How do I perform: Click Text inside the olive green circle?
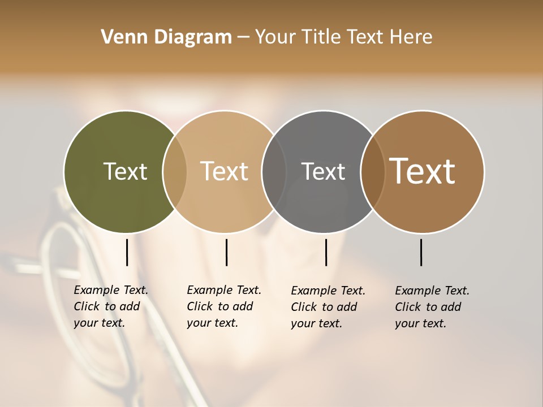(x=125, y=171)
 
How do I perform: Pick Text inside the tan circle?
(x=224, y=171)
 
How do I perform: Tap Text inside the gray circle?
(x=323, y=171)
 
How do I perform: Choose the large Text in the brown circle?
(x=422, y=171)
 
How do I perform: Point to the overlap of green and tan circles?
(x=175, y=172)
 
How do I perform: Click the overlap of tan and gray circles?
(x=274, y=172)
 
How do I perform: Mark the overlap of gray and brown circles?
(x=373, y=172)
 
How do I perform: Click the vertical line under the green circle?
(x=127, y=252)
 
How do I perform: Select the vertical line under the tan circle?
(x=226, y=252)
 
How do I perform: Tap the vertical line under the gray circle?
(x=326, y=252)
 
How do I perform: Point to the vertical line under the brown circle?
(x=421, y=252)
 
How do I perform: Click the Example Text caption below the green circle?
(x=110, y=306)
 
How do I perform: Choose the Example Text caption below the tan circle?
(x=223, y=306)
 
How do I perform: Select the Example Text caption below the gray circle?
(x=327, y=307)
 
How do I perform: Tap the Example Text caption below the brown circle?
(x=432, y=307)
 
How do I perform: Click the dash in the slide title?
(x=243, y=38)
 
